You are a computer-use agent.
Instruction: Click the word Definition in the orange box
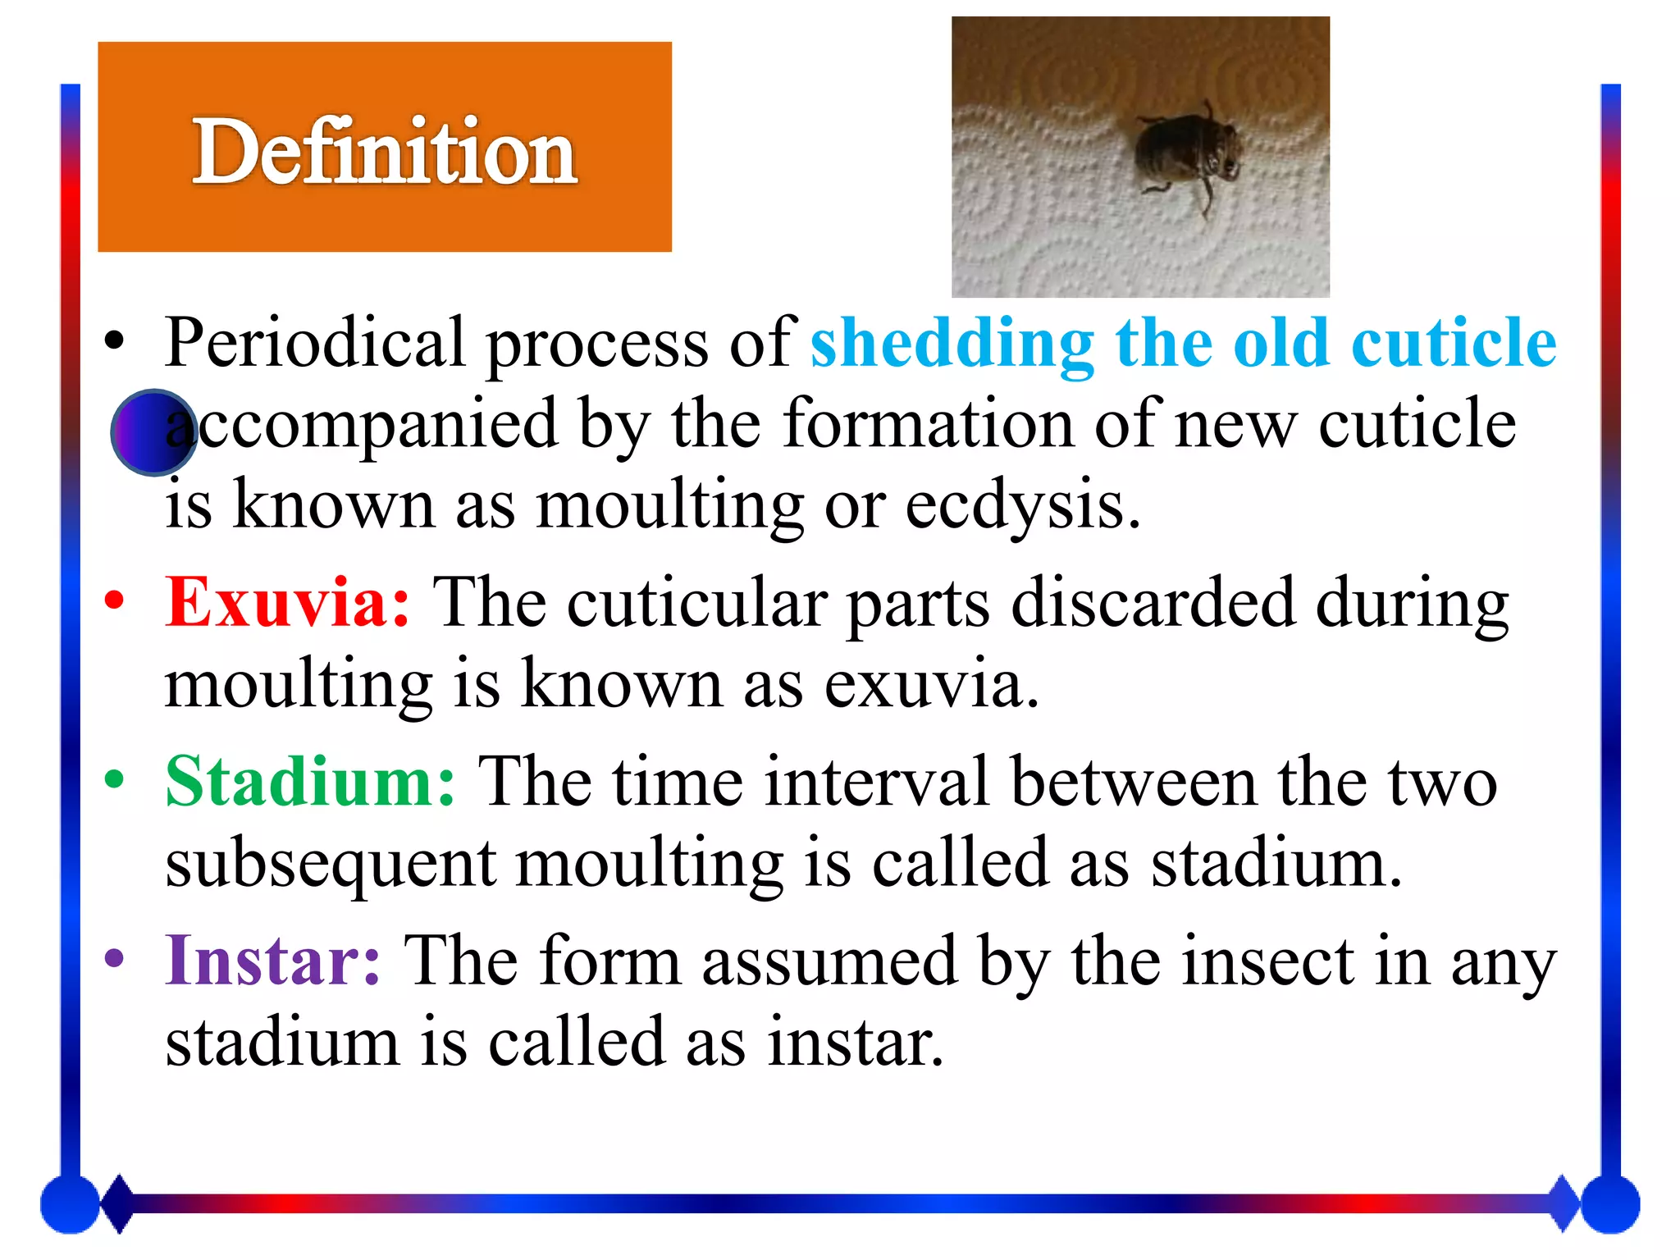pyautogui.click(x=385, y=151)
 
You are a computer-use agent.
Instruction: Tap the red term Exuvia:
pyautogui.click(x=287, y=603)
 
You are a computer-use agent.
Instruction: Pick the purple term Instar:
pyautogui.click(x=273, y=961)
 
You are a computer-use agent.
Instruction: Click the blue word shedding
pyautogui.click(x=952, y=343)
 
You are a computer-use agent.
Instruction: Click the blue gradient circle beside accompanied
pyautogui.click(x=153, y=432)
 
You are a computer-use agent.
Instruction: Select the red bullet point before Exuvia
pyautogui.click(x=114, y=600)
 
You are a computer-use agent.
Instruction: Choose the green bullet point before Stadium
pyautogui.click(x=114, y=779)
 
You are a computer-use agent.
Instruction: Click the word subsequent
pyautogui.click(x=331, y=865)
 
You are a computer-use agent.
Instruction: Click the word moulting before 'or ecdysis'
pyautogui.click(x=669, y=504)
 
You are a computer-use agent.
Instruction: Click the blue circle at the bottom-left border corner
pyautogui.click(x=70, y=1204)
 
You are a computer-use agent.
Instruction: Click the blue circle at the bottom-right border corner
pyautogui.click(x=1609, y=1204)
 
